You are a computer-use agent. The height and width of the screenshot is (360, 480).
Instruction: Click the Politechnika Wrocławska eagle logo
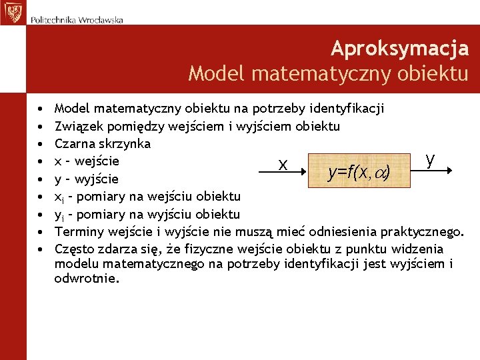click(x=12, y=12)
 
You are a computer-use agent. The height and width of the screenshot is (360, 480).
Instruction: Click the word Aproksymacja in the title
click(x=399, y=49)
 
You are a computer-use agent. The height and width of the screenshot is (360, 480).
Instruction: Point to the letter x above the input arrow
click(x=283, y=165)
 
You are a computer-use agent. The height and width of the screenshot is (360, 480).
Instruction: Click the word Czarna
click(x=74, y=143)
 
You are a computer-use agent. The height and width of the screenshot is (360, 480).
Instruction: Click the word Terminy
click(x=77, y=231)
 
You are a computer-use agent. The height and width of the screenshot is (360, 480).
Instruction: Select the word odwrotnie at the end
click(x=86, y=279)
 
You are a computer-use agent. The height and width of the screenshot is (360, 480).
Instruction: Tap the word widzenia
click(x=419, y=249)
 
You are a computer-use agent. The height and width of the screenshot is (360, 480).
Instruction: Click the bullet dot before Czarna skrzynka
click(x=41, y=144)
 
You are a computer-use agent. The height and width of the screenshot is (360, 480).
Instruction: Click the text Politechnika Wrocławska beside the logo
click(x=77, y=20)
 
